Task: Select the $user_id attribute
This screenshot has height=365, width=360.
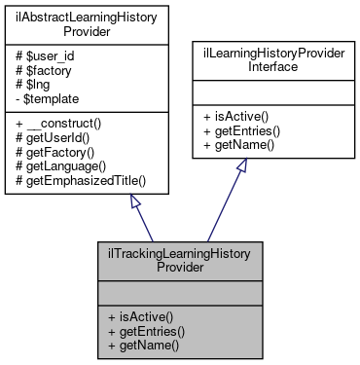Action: click(x=44, y=57)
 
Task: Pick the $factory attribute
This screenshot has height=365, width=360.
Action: click(x=44, y=71)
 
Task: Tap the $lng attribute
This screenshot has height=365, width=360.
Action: click(x=36, y=85)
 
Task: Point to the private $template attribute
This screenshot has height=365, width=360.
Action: click(x=47, y=98)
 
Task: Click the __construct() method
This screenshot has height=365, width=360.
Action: click(x=56, y=122)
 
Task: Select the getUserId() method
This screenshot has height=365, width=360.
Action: click(x=54, y=135)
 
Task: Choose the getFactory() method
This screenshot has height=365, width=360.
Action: click(x=56, y=149)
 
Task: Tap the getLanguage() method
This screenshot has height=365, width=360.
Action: click(x=61, y=163)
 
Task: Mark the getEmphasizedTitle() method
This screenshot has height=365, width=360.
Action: click(x=76, y=176)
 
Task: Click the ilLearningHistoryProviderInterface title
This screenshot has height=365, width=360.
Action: click(x=267, y=62)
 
